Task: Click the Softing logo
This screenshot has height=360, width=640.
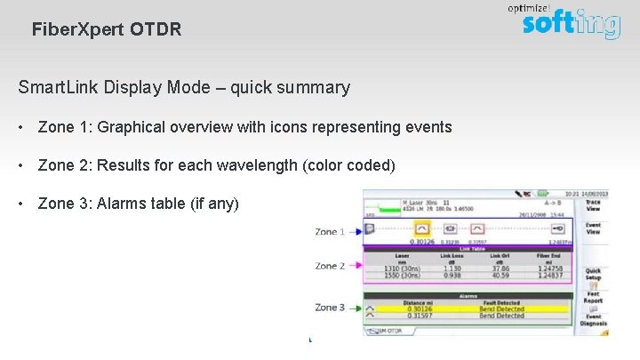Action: pos(570,21)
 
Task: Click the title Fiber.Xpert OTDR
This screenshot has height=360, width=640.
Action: pos(106,29)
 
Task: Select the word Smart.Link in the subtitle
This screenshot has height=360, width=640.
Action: pos(57,87)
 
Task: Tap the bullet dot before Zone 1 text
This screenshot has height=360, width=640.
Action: pos(20,127)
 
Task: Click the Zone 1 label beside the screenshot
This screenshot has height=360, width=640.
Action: pos(329,232)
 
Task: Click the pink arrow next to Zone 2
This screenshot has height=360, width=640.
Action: pos(354,266)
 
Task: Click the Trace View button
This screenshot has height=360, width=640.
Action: pos(592,205)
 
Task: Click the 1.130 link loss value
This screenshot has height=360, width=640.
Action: pos(452,268)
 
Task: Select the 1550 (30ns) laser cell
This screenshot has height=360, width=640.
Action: pos(402,276)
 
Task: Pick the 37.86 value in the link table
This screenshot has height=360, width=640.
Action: pos(500,268)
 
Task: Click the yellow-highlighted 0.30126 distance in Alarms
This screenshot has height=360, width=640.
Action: pos(420,308)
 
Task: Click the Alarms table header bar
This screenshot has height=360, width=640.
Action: pos(468,296)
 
